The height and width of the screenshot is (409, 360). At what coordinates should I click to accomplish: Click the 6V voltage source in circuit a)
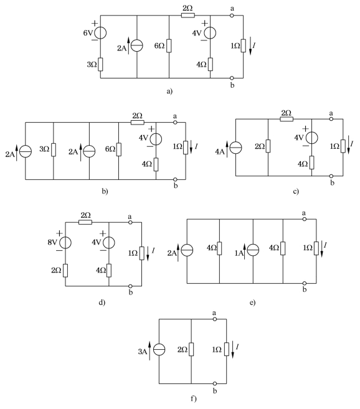(100, 33)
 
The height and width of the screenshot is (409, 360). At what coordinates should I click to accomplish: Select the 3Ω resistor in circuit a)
(100, 64)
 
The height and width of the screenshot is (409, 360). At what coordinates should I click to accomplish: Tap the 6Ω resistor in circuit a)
(169, 45)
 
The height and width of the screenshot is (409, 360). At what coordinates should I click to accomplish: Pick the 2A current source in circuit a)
(137, 45)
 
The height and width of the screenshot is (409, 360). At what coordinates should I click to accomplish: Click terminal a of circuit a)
(232, 16)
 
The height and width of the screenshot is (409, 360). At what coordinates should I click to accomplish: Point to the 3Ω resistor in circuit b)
(54, 150)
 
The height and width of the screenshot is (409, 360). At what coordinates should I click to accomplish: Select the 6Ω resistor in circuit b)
(118, 149)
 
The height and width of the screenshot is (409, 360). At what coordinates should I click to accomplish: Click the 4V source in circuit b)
(156, 139)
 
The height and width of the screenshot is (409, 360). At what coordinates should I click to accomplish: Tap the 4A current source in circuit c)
(235, 148)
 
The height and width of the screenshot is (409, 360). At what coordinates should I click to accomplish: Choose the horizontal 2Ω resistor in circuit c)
(287, 119)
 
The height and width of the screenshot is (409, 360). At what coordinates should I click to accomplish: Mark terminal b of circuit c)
(331, 176)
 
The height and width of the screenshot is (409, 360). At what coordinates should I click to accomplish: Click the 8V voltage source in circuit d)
(65, 243)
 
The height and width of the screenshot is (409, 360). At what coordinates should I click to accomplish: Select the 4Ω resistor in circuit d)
(108, 271)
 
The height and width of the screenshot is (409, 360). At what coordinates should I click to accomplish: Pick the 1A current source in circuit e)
(253, 250)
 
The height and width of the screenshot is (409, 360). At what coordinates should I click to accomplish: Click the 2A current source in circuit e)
(187, 250)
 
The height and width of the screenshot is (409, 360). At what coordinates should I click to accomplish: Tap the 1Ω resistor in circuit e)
(316, 248)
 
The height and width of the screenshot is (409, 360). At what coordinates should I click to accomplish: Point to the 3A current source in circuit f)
(159, 350)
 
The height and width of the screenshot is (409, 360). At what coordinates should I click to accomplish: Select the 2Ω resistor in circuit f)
(191, 349)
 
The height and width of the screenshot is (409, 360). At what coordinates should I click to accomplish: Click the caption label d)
(102, 303)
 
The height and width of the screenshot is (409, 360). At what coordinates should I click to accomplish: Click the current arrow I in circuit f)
(232, 350)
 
